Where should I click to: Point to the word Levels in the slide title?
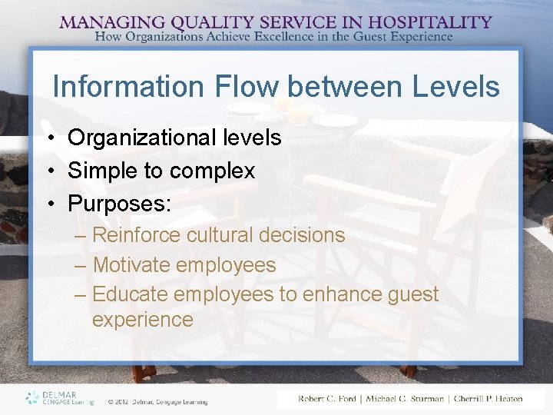tap(456, 86)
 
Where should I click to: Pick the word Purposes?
tap(119, 204)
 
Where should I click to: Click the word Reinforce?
tap(136, 235)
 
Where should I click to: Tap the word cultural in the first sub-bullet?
tap(217, 235)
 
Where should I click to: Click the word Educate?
tap(131, 294)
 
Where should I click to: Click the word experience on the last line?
tap(143, 320)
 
